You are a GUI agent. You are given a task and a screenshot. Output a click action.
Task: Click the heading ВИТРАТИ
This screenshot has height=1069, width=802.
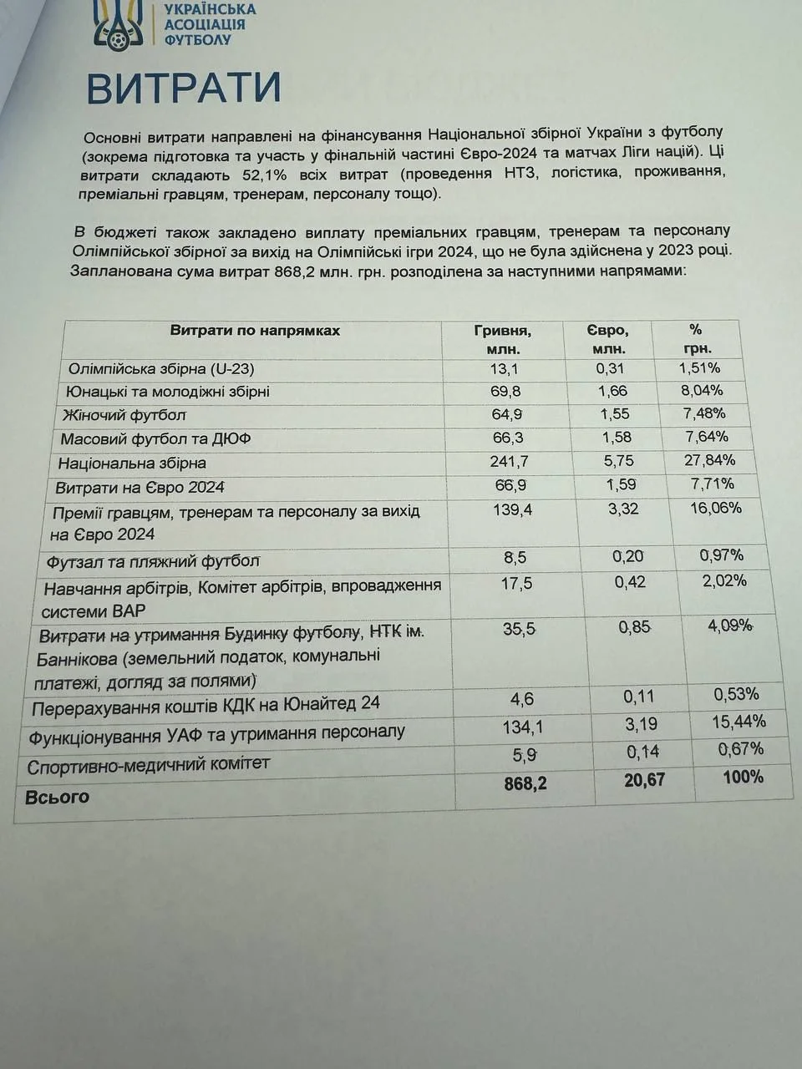tap(183, 89)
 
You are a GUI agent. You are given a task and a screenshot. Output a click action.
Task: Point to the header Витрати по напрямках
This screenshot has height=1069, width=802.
tap(255, 331)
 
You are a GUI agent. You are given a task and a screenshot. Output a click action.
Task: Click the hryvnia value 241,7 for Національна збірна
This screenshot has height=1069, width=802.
tap(509, 461)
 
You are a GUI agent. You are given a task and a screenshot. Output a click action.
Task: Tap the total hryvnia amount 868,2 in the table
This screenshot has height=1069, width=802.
tap(525, 783)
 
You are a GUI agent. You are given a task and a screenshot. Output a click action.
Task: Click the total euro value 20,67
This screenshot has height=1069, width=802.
tap(644, 780)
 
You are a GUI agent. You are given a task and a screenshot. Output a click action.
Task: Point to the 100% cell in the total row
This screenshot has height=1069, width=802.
tap(743, 777)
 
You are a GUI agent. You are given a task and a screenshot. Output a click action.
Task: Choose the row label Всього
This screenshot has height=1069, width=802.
tap(57, 797)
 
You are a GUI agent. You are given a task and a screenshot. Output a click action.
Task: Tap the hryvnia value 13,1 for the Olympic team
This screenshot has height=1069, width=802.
tap(504, 369)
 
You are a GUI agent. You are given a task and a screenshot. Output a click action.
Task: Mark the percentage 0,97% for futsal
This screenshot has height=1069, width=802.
tap(722, 555)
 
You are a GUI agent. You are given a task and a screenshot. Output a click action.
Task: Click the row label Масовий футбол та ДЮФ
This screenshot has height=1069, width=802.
tap(155, 438)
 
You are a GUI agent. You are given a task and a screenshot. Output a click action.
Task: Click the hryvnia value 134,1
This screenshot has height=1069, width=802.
tap(522, 727)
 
